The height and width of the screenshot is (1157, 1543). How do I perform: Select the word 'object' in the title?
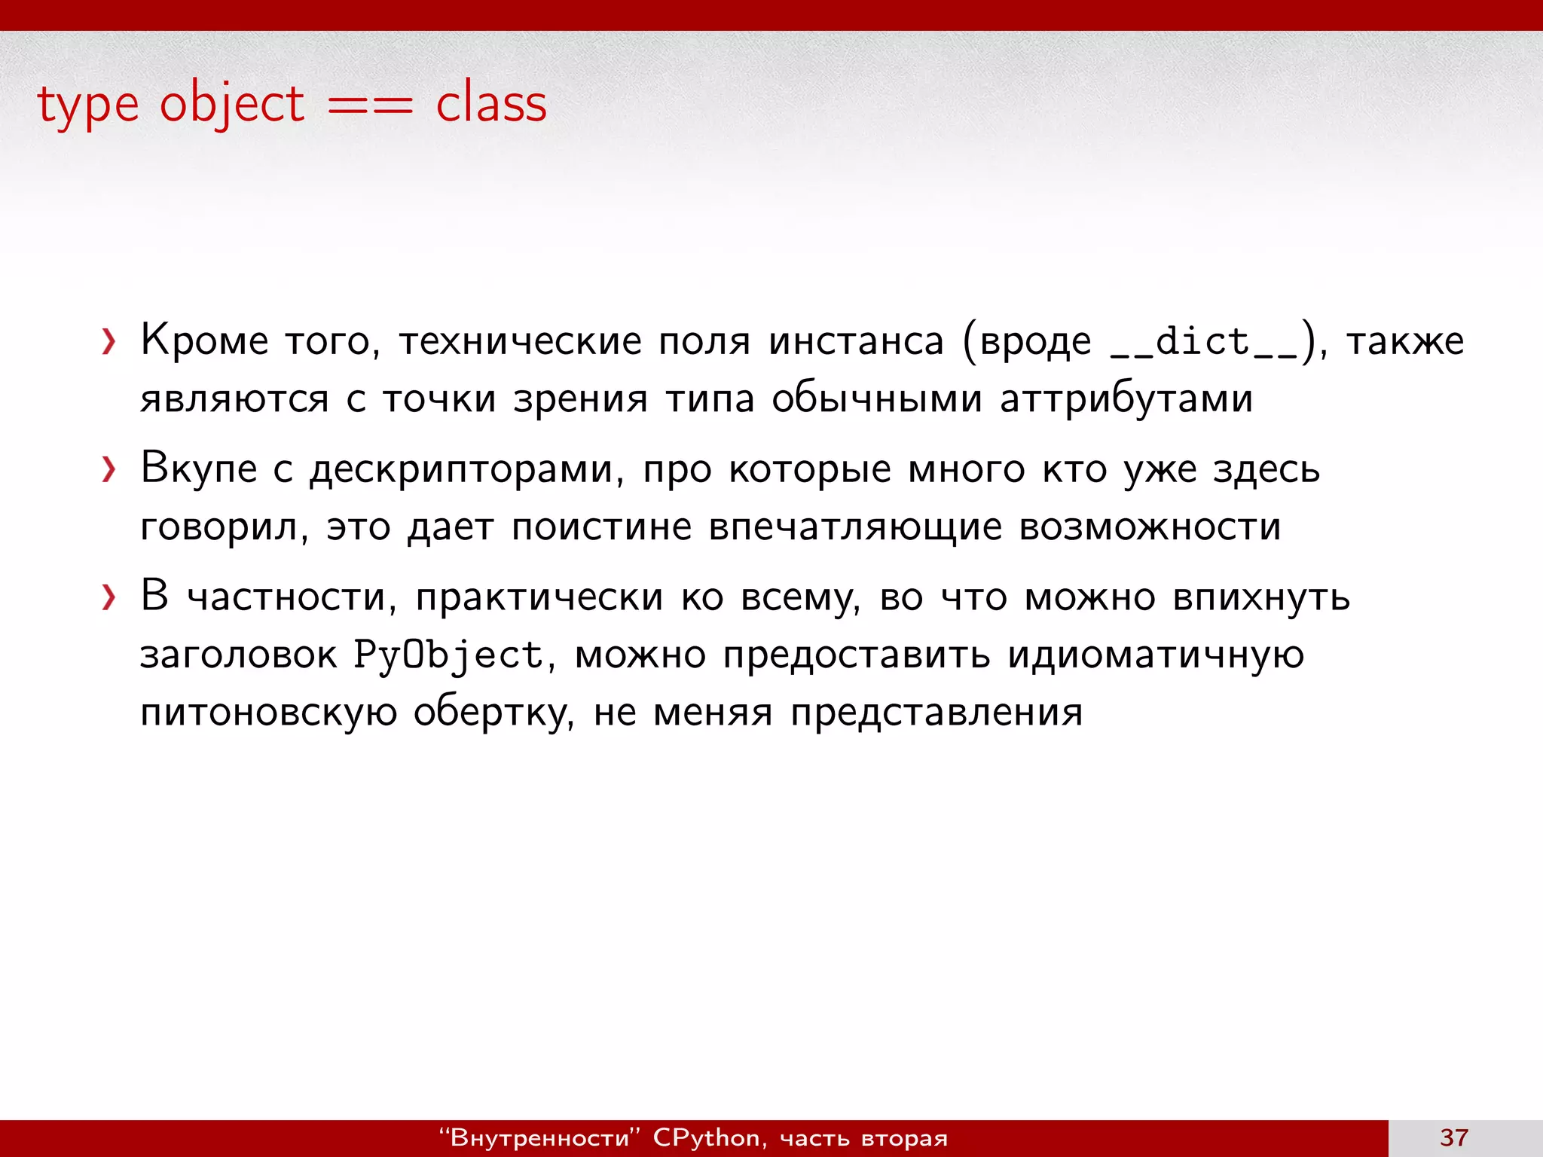[x=232, y=105]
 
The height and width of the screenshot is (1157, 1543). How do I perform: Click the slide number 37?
[x=1453, y=1137]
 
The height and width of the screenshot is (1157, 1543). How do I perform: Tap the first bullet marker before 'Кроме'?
[x=110, y=342]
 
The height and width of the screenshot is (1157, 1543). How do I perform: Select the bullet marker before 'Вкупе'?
[x=110, y=470]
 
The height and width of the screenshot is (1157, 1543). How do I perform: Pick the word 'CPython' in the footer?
[x=706, y=1137]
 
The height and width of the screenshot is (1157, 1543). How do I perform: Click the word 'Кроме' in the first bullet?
[x=204, y=340]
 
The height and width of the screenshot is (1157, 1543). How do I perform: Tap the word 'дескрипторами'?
[x=466, y=470]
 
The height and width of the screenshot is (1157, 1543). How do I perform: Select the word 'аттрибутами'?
[x=1126, y=399]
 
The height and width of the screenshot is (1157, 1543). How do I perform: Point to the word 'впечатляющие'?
[x=855, y=527]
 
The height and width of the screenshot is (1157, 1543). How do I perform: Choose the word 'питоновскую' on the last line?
[x=268, y=713]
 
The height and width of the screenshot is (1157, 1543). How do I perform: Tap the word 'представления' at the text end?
[x=936, y=713]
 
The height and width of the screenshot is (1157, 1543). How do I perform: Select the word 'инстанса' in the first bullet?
[x=856, y=341]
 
